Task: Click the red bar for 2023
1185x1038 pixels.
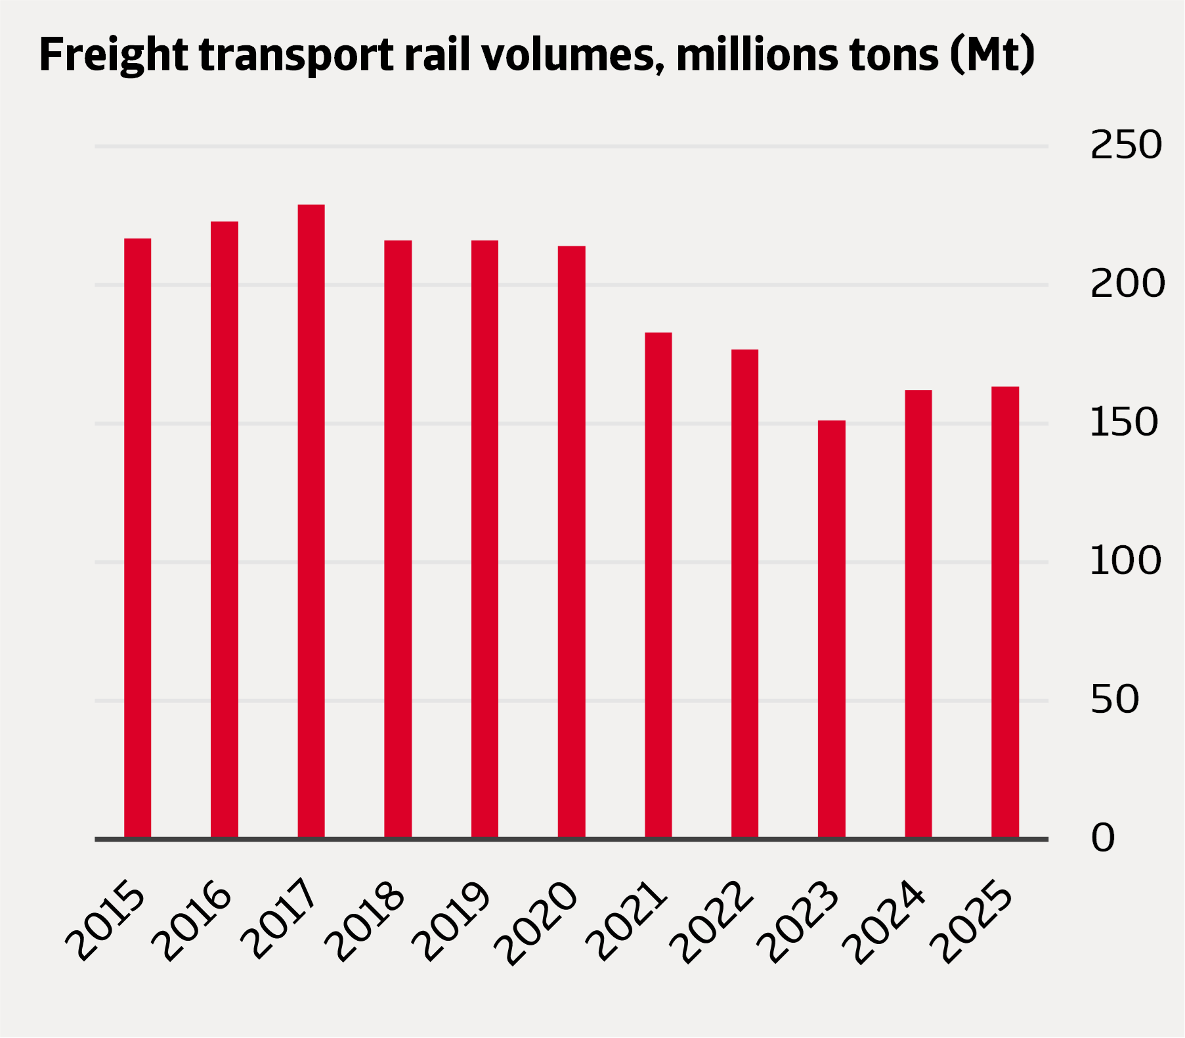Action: [831, 629]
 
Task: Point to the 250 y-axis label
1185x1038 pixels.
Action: [1125, 145]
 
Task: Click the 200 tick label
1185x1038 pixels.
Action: [1127, 284]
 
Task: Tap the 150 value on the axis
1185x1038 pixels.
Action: [1123, 422]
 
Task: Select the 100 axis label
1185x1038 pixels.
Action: [1125, 561]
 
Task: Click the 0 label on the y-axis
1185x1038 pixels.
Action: [1103, 838]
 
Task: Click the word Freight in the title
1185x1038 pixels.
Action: [113, 55]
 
